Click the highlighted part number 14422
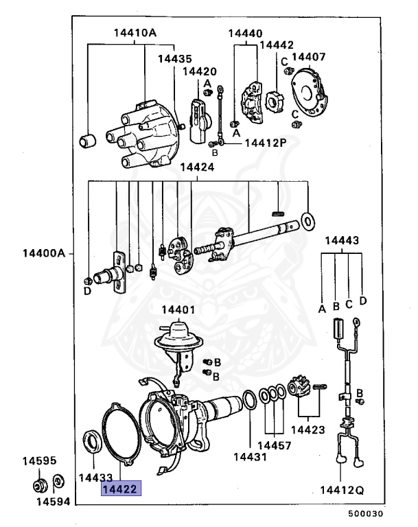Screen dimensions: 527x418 (121, 489)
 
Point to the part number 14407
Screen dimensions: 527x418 (309, 57)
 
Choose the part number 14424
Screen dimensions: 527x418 (197, 167)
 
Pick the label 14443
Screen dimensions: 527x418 (341, 241)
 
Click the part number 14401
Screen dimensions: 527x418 (178, 309)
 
